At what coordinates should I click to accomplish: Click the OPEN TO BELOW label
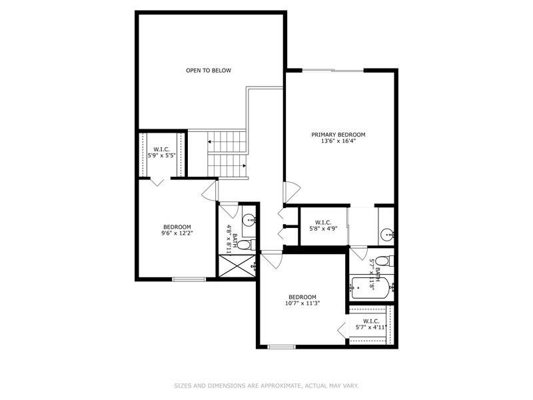(x=209, y=71)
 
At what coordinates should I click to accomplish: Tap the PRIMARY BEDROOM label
(x=338, y=135)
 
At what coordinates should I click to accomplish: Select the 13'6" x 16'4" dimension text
(x=338, y=141)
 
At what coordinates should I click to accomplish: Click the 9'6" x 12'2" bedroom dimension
(x=177, y=233)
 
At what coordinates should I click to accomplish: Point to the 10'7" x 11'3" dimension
(x=302, y=303)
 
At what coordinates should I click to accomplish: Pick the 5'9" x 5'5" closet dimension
(x=161, y=156)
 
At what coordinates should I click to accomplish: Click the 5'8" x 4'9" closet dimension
(x=323, y=229)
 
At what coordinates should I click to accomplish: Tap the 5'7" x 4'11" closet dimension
(x=371, y=327)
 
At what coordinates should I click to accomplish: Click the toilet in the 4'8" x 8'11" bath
(x=246, y=245)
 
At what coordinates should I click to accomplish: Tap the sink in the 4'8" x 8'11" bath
(x=249, y=219)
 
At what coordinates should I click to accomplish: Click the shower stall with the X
(x=237, y=265)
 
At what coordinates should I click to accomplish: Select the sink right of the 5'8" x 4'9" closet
(x=388, y=234)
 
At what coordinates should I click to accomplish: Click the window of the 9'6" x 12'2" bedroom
(x=189, y=279)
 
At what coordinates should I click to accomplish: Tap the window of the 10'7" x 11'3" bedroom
(x=281, y=347)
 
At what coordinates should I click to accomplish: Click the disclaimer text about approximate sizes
(x=266, y=386)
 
